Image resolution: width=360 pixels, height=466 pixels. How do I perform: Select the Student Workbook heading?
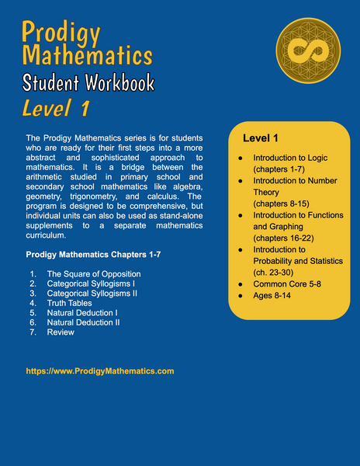(88, 82)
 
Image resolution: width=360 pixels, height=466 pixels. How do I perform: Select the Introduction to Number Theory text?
(290, 186)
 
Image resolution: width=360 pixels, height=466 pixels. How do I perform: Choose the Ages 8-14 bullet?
(273, 297)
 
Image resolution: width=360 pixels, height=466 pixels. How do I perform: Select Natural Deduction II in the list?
(88, 322)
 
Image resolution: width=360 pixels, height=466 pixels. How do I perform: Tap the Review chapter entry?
(61, 332)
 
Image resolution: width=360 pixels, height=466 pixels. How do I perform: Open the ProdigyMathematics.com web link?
(100, 371)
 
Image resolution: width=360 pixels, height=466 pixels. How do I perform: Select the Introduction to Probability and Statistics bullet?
(293, 260)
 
